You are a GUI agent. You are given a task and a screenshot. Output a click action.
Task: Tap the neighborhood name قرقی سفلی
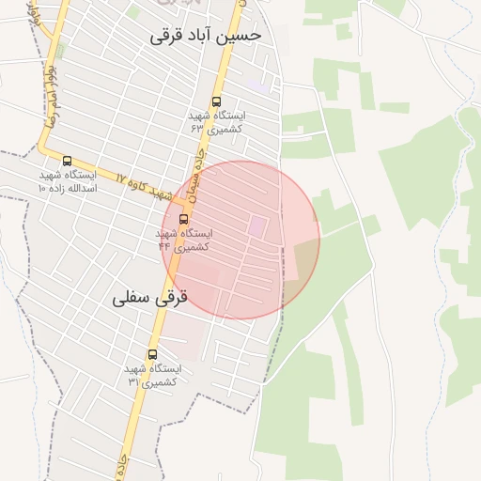(x=150, y=298)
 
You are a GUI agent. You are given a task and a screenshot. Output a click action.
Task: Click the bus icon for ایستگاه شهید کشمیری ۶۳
(x=217, y=101)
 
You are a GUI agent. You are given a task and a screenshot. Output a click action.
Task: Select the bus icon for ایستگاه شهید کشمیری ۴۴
(x=183, y=220)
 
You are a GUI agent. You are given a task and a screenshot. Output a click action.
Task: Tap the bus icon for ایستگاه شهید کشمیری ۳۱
(x=152, y=355)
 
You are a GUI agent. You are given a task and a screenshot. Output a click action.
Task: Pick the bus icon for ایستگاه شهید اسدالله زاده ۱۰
(x=67, y=162)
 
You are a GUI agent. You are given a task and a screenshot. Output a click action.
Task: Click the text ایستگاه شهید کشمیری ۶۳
(x=216, y=121)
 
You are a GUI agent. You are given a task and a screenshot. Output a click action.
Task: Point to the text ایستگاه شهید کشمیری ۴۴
(x=184, y=240)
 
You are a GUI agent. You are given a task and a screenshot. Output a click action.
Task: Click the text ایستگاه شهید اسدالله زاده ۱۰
(x=68, y=181)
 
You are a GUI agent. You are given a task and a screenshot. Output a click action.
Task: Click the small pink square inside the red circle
(x=256, y=226)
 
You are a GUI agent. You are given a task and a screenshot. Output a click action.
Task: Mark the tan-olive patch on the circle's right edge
(x=306, y=257)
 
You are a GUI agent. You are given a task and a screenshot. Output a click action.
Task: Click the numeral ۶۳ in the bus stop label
(x=197, y=128)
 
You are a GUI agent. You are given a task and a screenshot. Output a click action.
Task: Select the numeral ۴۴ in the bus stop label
(x=164, y=246)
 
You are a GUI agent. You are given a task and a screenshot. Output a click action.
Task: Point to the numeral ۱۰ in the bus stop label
(x=41, y=188)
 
